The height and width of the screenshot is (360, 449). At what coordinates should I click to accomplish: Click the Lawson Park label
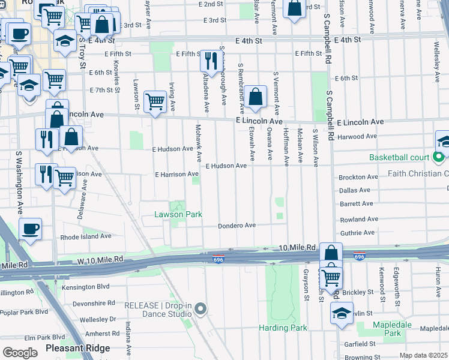click(178, 214)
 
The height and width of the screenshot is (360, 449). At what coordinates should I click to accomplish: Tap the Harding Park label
click(283, 328)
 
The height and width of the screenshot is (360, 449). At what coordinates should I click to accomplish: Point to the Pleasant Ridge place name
click(77, 348)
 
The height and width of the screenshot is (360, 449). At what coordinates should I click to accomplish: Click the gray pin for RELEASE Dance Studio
click(200, 308)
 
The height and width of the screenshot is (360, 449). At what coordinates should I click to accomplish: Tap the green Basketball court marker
click(439, 158)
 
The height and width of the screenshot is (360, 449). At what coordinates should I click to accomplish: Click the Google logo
click(20, 352)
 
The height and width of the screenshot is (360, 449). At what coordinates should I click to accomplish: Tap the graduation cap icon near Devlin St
click(342, 313)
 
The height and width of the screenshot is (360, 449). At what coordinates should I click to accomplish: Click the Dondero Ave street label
click(237, 226)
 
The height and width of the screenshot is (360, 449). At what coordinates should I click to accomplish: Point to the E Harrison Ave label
click(176, 175)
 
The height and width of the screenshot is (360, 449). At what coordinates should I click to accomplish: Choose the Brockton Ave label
click(358, 178)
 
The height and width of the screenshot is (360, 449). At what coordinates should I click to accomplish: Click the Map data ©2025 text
click(423, 355)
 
